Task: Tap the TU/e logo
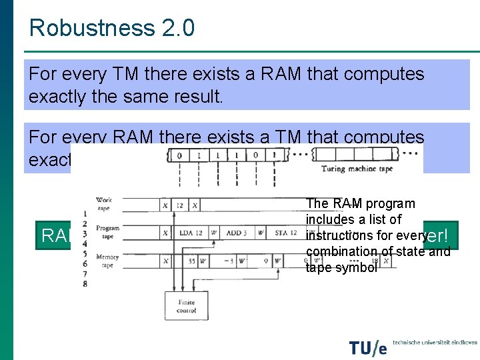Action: click(x=368, y=347)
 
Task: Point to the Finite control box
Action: click(x=186, y=306)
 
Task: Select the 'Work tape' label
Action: click(x=104, y=203)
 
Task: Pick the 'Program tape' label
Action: click(x=107, y=231)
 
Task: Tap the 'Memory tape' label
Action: click(x=107, y=259)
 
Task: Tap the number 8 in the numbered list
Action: click(x=85, y=283)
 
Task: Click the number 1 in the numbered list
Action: click(x=85, y=213)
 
